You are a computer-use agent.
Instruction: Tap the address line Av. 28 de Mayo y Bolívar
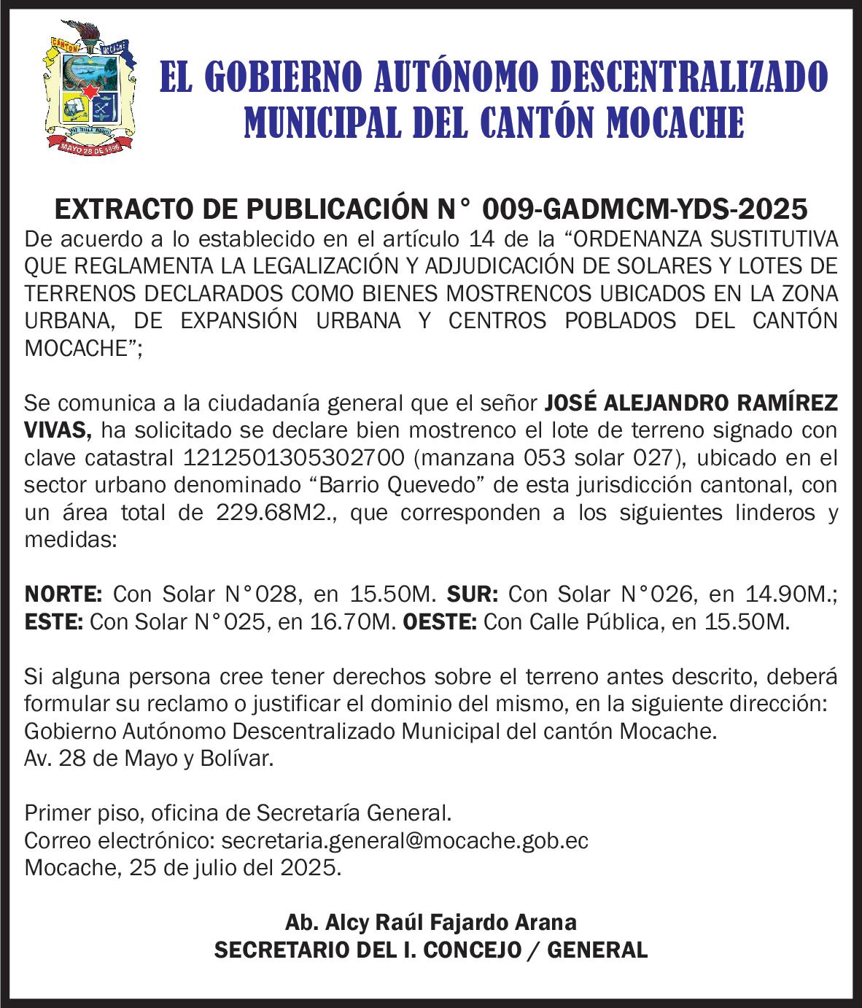(x=149, y=759)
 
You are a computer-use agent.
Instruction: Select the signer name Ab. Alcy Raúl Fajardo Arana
(x=430, y=923)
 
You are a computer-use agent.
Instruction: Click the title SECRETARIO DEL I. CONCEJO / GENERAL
(x=430, y=950)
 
